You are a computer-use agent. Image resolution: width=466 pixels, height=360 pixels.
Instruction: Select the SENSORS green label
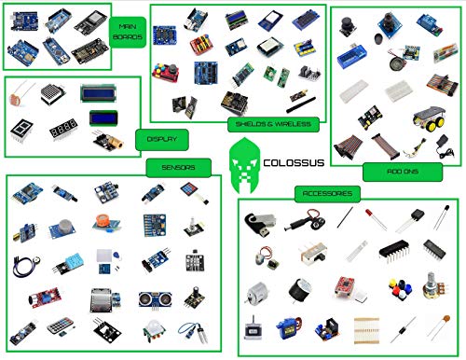[x=171, y=168]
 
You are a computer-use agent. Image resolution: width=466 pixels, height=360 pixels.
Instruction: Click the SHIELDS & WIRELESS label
[x=273, y=122]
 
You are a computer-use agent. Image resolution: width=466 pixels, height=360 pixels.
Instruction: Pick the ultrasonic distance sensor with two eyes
[x=152, y=298]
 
